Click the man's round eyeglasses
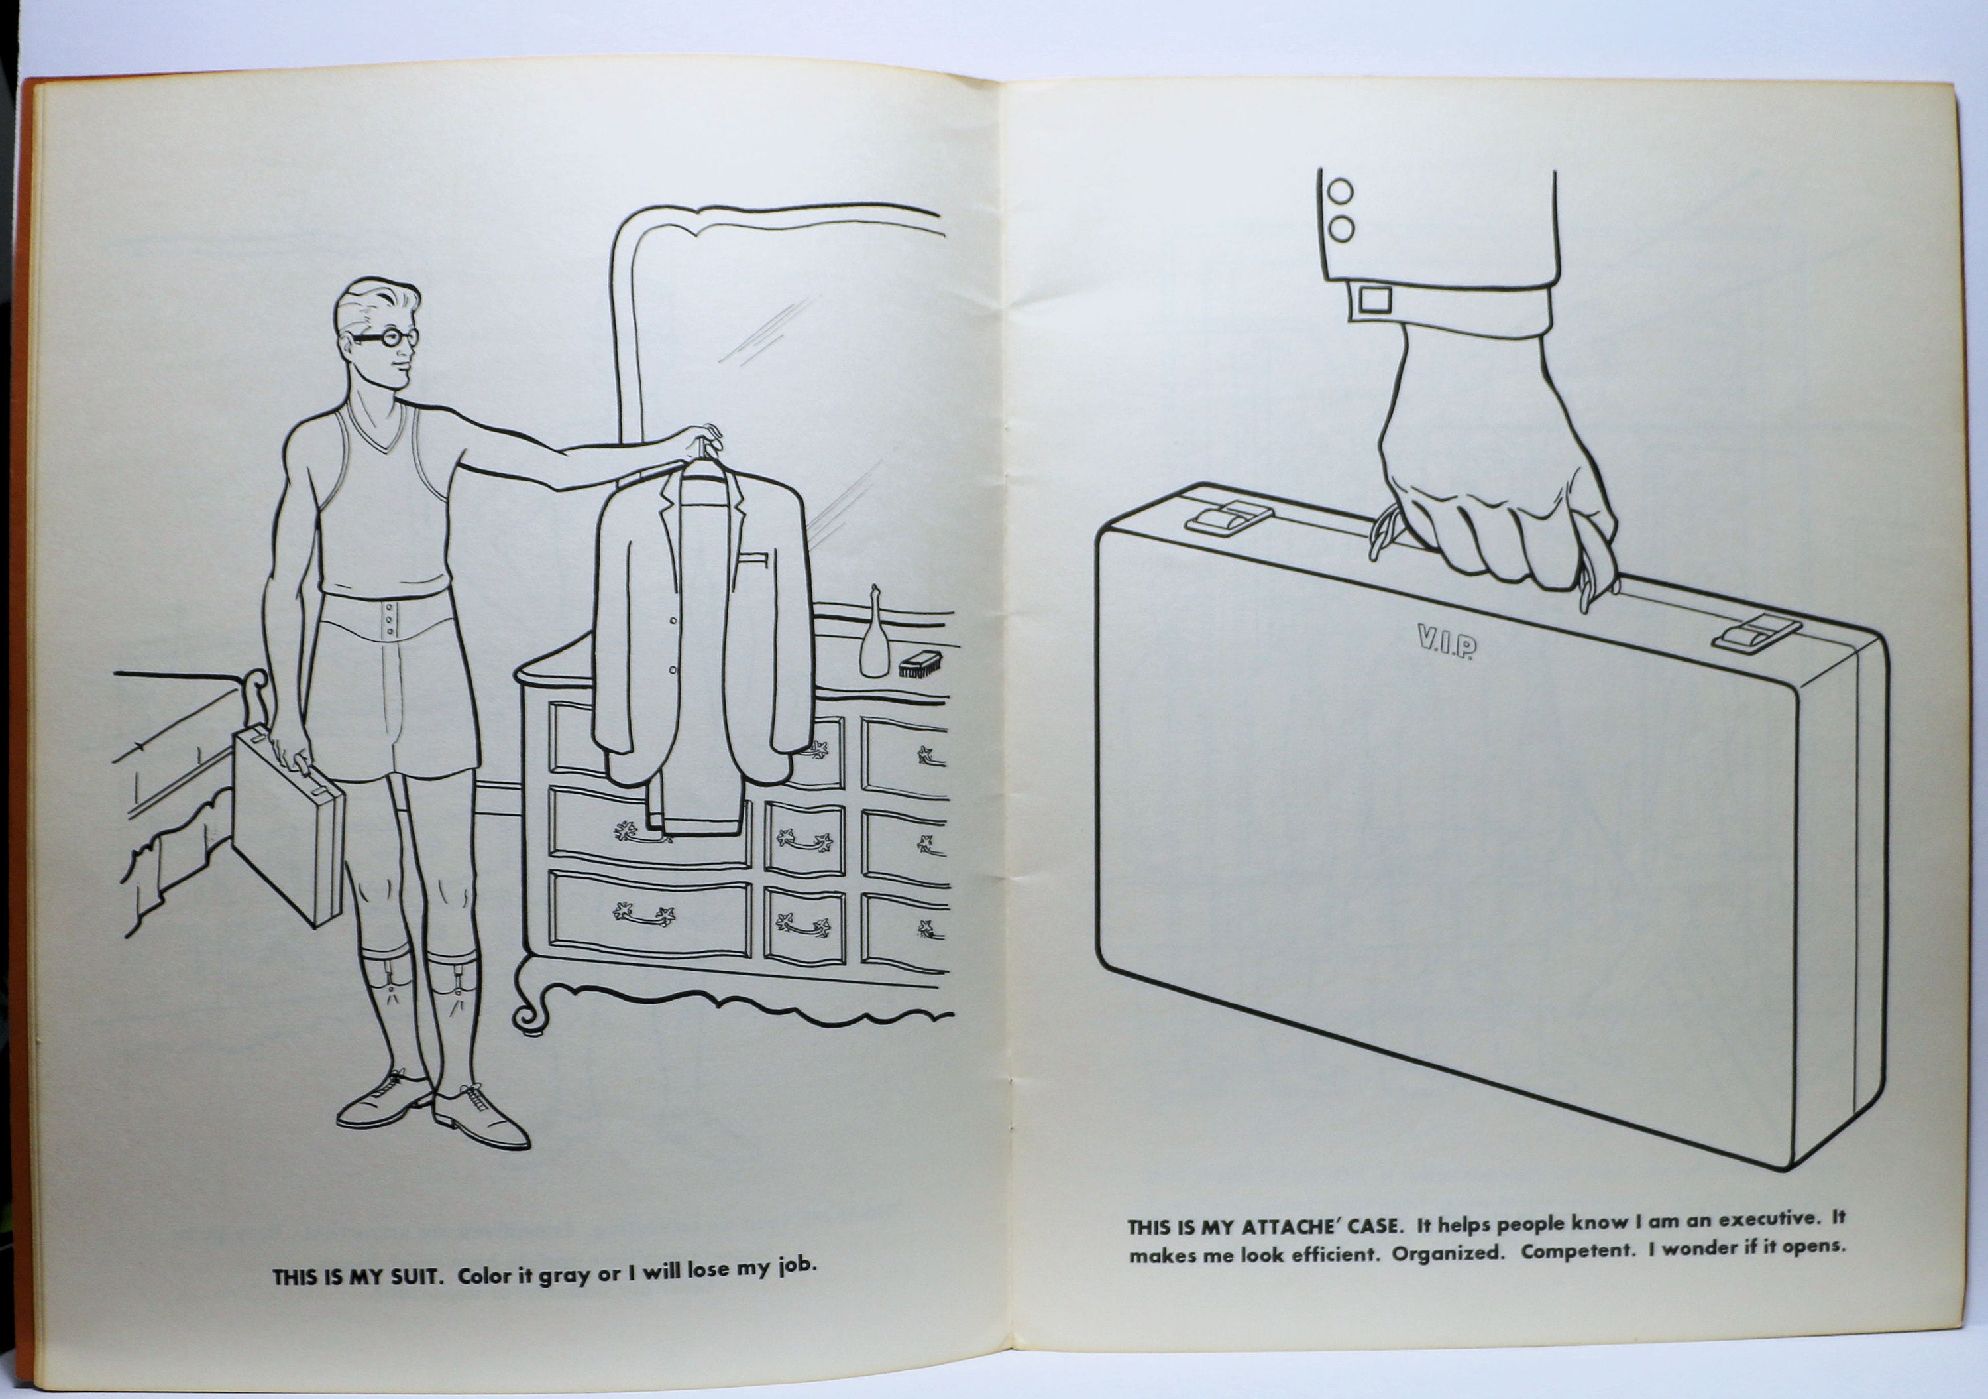[x=387, y=337]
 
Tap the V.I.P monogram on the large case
[x=1446, y=642]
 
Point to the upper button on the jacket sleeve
[x=1341, y=192]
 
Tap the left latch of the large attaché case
[x=1228, y=517]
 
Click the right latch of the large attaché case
[x=1756, y=633]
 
